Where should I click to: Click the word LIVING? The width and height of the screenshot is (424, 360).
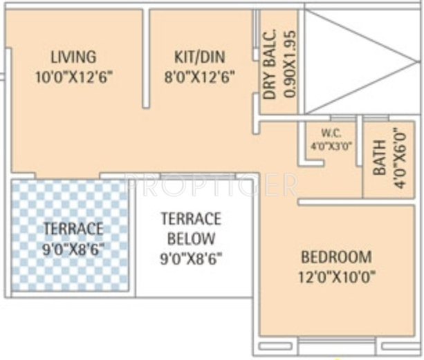point(73,57)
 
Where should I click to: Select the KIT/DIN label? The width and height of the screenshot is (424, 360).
point(199,57)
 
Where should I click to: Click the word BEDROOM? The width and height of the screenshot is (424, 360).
point(336,257)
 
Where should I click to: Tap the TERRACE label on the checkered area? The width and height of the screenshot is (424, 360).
point(73,229)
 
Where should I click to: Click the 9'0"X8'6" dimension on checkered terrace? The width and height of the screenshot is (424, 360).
point(73,249)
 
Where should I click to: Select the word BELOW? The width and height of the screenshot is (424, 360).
point(191,239)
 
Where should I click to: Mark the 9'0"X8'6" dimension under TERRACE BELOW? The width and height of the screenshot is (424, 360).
point(191,259)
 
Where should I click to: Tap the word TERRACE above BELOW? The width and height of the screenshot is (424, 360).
point(191,219)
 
